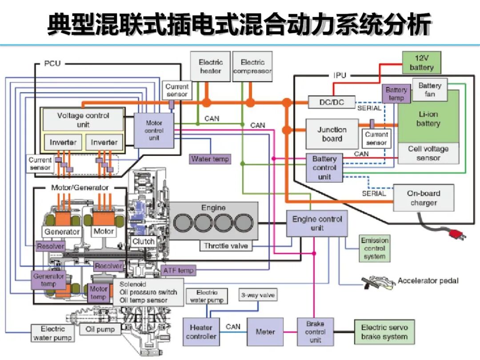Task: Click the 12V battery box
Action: tap(421, 63)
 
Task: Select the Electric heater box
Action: tap(210, 67)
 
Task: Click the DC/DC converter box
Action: tap(331, 102)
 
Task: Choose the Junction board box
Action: tap(332, 134)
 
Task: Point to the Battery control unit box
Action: tap(324, 168)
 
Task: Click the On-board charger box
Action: tap(423, 198)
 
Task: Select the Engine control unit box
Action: tap(317, 224)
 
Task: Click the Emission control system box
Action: tap(374, 248)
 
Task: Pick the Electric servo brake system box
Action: tap(384, 332)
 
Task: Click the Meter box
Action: tap(265, 332)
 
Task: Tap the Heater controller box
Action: tap(201, 332)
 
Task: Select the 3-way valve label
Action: tap(258, 295)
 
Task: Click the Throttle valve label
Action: tap(226, 245)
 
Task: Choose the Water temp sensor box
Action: tap(210, 159)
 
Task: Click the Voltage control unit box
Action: tap(83, 120)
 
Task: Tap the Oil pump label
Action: tap(100, 329)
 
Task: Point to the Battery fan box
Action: tap(430, 89)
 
